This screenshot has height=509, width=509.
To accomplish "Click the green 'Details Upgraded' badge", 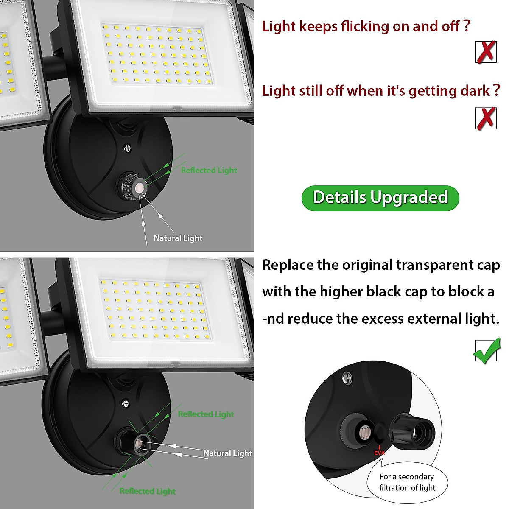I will [x=380, y=198].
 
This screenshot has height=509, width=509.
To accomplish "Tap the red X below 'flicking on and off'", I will [x=486, y=52].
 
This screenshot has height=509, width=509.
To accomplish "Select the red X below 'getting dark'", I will [x=486, y=118].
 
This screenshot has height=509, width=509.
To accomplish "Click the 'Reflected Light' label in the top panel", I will [x=209, y=170].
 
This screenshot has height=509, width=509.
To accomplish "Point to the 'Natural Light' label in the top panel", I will [x=178, y=238].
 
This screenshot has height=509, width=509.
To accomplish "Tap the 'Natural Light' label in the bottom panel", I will [x=227, y=453].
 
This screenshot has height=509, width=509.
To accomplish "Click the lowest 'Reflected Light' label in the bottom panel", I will [x=147, y=491].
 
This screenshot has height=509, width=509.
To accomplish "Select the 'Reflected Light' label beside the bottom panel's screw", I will [x=206, y=414].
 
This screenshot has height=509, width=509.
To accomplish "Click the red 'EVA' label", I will [x=379, y=453].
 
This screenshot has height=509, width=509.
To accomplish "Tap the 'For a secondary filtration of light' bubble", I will [x=407, y=482].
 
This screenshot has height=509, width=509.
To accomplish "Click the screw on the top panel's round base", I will [x=127, y=148].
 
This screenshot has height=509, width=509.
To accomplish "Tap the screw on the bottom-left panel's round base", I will [x=126, y=403].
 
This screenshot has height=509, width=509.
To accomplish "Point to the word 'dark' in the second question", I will [x=475, y=91].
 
